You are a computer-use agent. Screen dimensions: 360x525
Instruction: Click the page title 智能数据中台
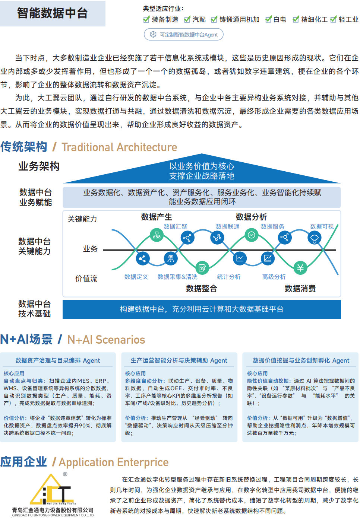click(x=52, y=13)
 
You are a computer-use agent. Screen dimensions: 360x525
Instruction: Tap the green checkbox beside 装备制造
click(x=146, y=19)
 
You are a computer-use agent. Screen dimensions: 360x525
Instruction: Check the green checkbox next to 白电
click(x=268, y=19)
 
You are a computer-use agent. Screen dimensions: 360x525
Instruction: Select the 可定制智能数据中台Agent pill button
click(x=183, y=35)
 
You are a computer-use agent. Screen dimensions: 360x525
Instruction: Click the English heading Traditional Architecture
click(x=119, y=147)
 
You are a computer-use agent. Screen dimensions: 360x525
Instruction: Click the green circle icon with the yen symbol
click(x=300, y=268)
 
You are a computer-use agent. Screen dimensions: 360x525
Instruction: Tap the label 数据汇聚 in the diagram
click(x=175, y=227)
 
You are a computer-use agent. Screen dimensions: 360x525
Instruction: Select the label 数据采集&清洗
click(x=177, y=277)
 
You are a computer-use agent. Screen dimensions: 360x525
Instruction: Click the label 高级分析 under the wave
click(x=274, y=277)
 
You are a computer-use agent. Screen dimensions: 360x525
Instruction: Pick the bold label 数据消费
click(x=300, y=288)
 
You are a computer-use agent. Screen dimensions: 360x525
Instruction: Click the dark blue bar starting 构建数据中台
click(x=202, y=309)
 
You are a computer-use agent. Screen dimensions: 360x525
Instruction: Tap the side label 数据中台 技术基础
click(x=35, y=309)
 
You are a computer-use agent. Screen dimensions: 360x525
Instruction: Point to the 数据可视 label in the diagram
click(x=322, y=227)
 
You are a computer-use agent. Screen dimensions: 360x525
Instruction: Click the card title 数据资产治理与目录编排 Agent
click(x=58, y=360)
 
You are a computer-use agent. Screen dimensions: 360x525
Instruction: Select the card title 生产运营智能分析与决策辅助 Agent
click(x=179, y=360)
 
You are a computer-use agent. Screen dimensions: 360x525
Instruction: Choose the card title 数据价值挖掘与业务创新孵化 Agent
click(x=301, y=360)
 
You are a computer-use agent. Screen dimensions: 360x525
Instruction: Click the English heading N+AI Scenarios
click(x=106, y=340)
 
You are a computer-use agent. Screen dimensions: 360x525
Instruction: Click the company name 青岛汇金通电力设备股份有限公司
click(x=53, y=510)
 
